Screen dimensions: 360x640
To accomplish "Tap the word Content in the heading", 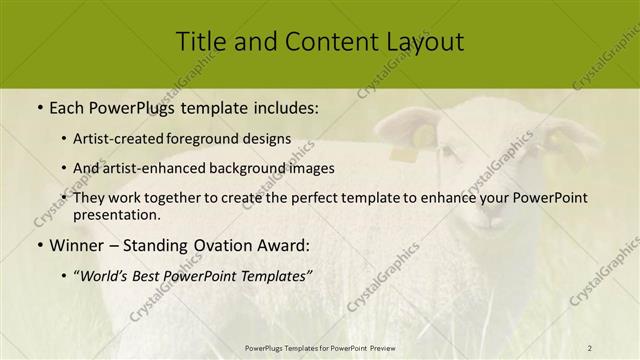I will coord(319,41).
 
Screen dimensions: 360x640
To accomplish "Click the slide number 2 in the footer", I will coord(590,347).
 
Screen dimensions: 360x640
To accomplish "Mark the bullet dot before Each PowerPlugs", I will coord(40,105).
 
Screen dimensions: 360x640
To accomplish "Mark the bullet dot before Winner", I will coord(40,245).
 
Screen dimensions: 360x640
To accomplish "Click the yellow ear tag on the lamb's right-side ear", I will coord(553,141).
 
